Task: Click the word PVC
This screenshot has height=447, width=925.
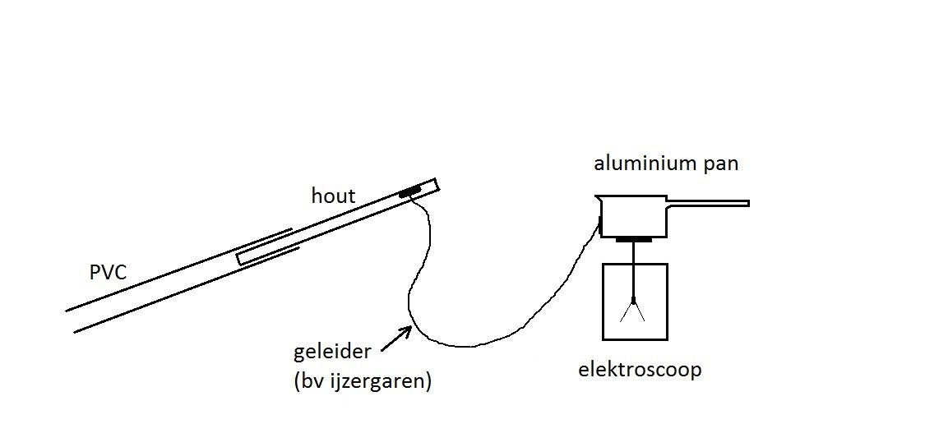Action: (x=108, y=272)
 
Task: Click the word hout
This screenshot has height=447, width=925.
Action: (x=333, y=196)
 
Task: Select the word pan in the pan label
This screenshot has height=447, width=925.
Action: (x=720, y=163)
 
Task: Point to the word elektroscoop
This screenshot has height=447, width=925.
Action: (x=639, y=370)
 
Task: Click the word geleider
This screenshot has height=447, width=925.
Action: (x=332, y=353)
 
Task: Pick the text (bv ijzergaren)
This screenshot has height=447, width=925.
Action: (x=362, y=381)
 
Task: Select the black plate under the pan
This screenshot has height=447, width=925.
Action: (x=634, y=240)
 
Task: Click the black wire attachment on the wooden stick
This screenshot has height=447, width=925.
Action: (x=409, y=193)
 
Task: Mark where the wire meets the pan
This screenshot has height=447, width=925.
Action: (x=601, y=223)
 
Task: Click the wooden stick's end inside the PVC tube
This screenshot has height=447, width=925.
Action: (x=240, y=258)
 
